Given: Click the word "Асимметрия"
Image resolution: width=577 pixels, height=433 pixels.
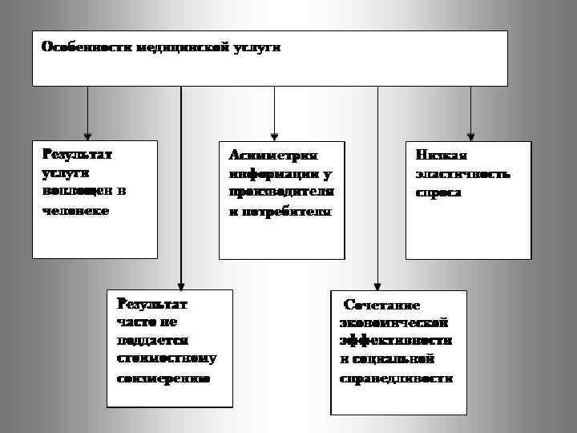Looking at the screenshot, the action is coord(273,155).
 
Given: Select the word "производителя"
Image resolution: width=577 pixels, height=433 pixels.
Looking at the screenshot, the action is coord(280,192).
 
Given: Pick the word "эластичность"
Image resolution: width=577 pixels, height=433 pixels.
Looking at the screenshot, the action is coord(462,173).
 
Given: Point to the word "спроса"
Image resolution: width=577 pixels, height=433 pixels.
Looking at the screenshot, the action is coord(438,192).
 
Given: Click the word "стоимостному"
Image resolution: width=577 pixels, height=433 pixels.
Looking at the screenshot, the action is coord(167,358).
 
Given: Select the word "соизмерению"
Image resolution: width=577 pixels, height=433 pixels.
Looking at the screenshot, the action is coord(163,378).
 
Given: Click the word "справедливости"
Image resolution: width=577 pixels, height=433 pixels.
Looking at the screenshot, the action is coord(396,378).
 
